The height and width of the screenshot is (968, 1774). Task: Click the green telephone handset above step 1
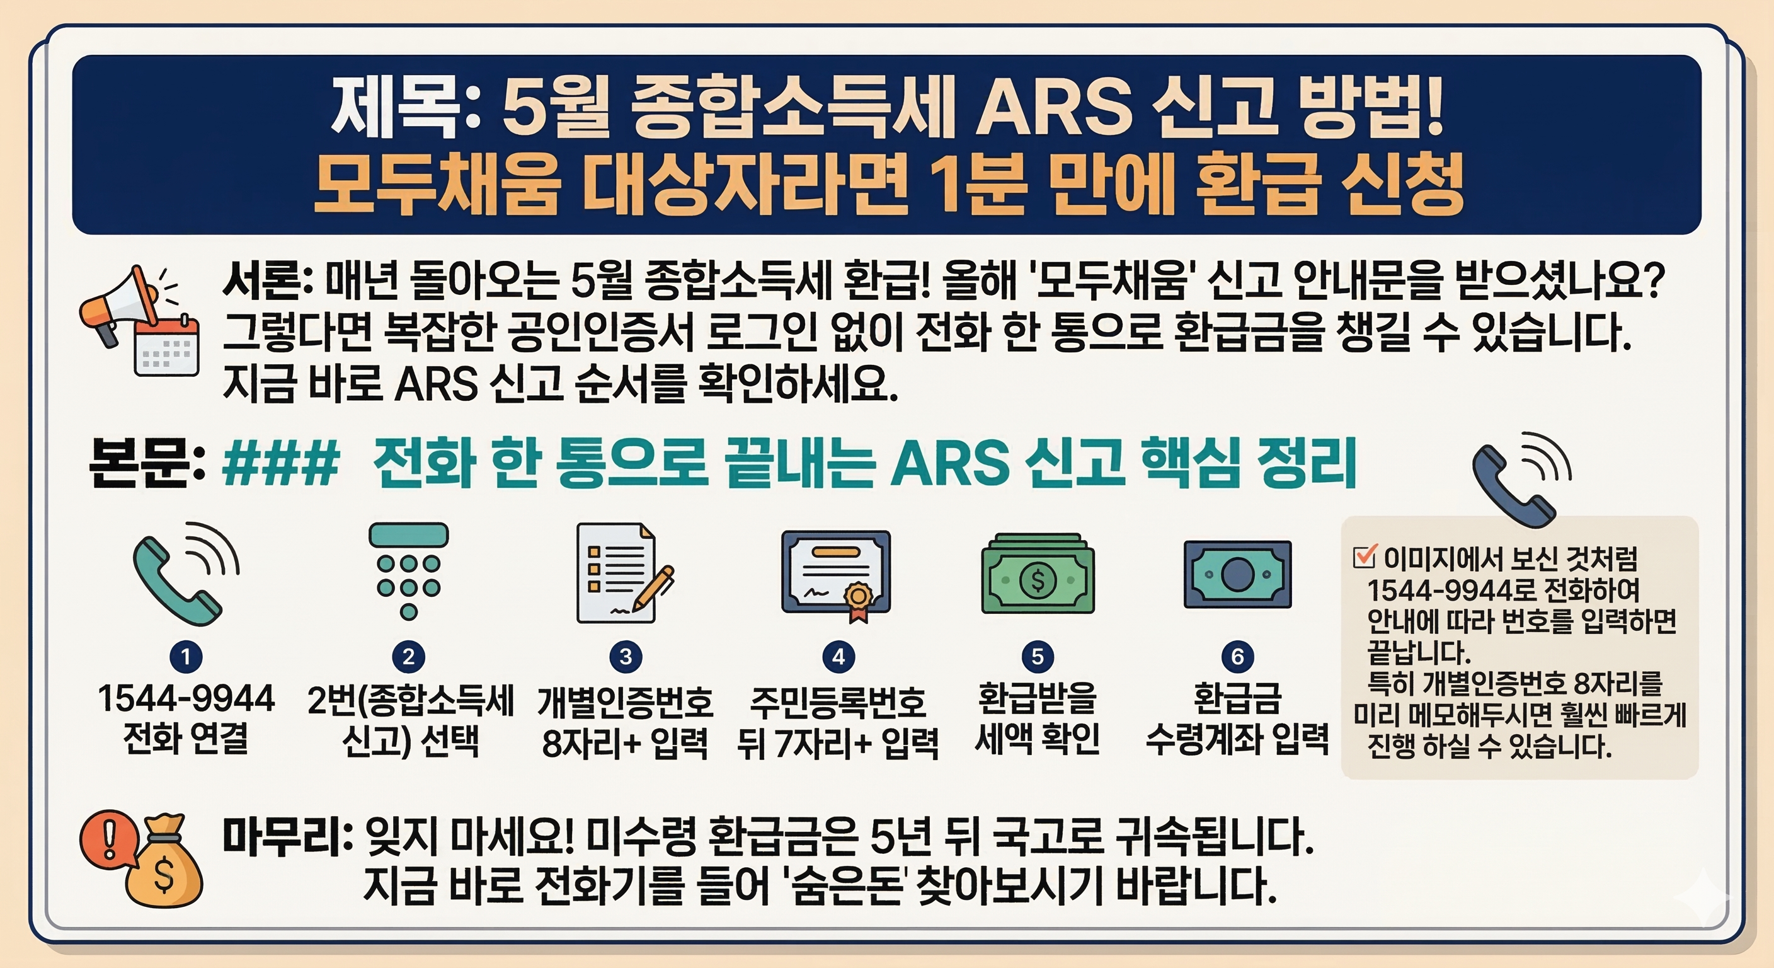[179, 575]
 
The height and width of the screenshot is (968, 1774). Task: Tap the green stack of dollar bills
[1037, 575]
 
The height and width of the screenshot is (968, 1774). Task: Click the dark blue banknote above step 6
[1237, 575]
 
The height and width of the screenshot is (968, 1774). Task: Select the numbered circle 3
[626, 657]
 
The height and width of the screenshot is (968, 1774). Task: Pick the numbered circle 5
[1037, 657]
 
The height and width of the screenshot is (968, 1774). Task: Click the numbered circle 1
[185, 657]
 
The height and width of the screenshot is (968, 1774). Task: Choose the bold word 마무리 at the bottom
[286, 838]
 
